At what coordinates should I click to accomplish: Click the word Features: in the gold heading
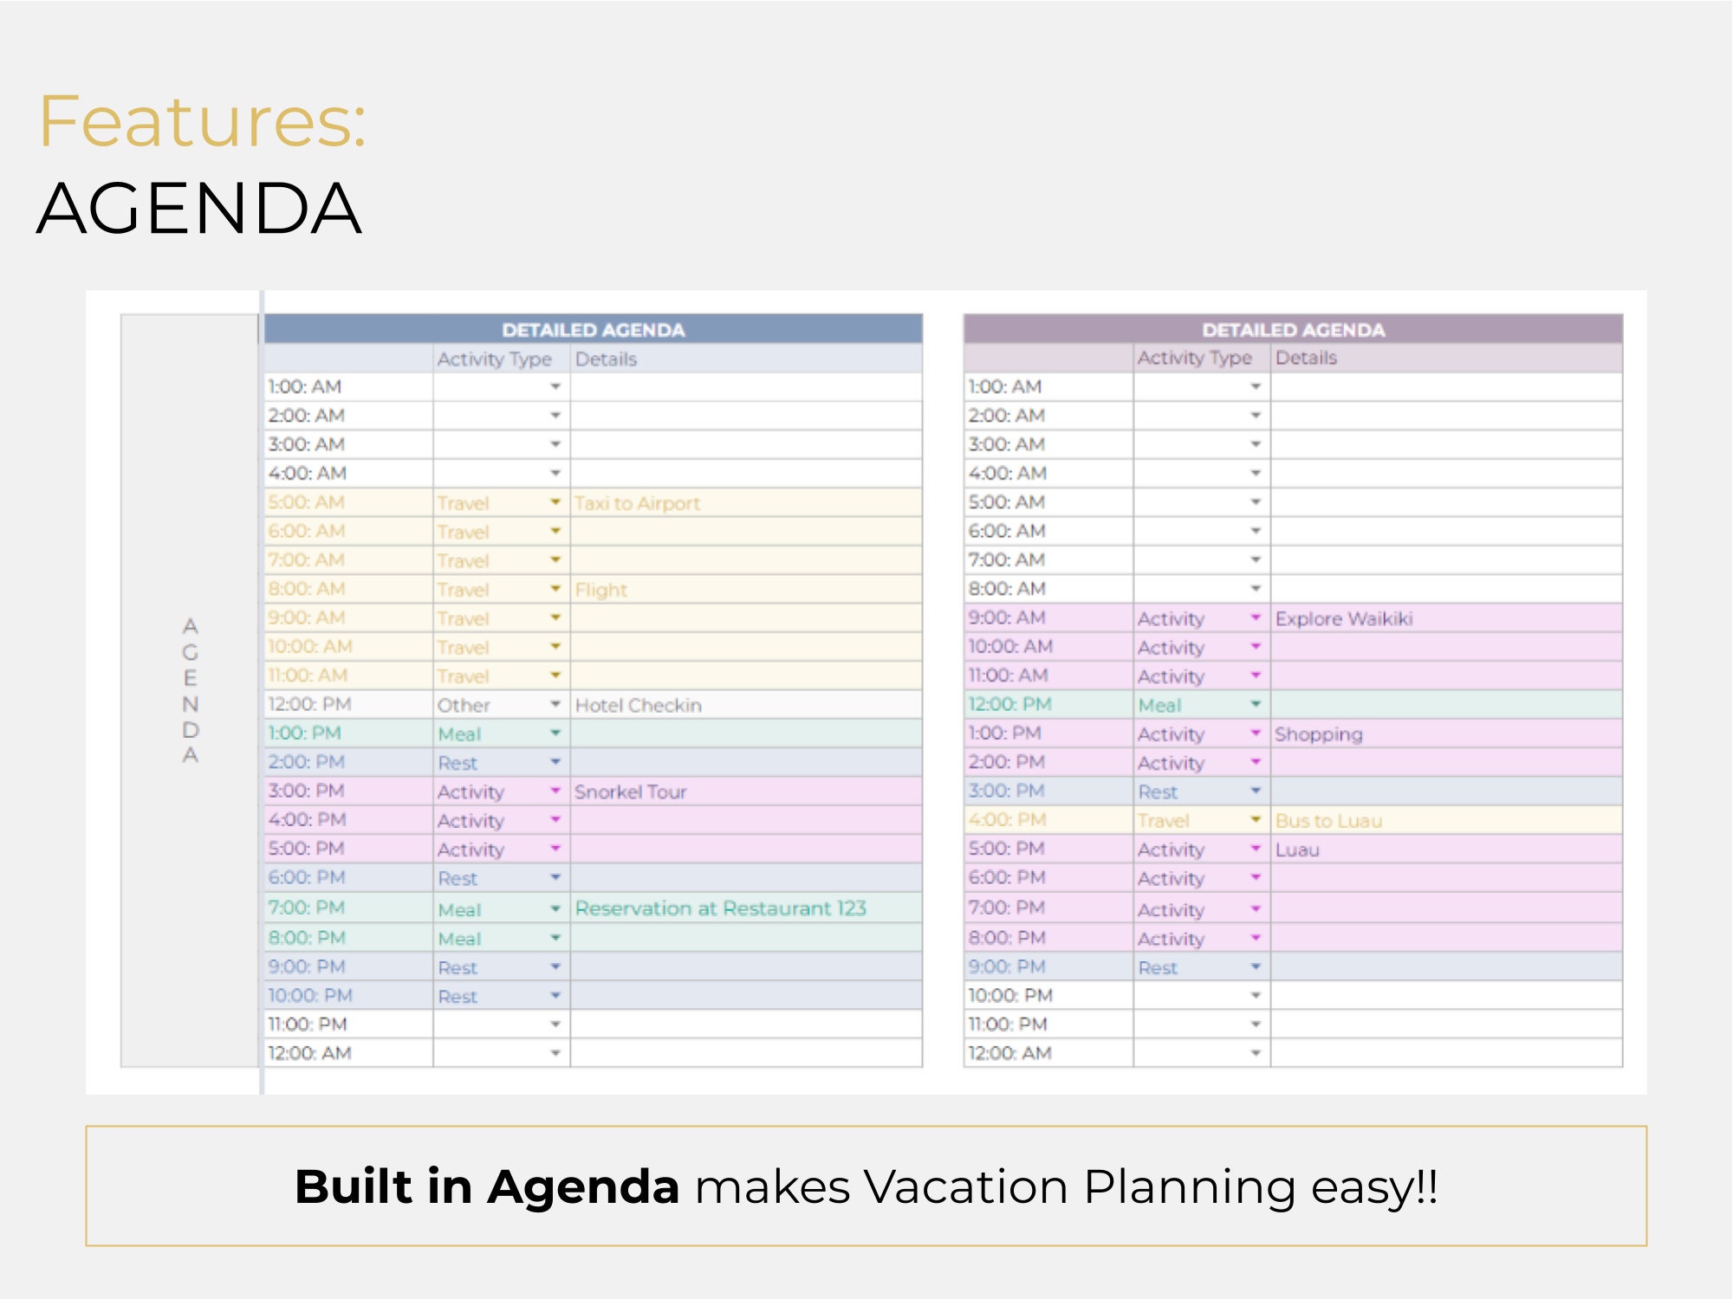point(203,121)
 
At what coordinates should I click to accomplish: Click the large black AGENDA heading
point(199,209)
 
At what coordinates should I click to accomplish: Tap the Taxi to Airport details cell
point(638,503)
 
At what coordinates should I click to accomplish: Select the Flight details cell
point(601,590)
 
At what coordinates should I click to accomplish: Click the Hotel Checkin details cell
point(639,705)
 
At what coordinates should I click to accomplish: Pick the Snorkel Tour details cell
point(631,792)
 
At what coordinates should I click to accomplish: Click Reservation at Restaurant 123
point(721,908)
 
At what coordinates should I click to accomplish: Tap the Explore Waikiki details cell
point(1344,618)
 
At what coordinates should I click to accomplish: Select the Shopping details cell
point(1319,734)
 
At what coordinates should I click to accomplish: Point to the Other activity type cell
point(464,705)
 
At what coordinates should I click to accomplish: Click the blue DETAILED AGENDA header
point(594,330)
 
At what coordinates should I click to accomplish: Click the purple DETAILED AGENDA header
point(1294,330)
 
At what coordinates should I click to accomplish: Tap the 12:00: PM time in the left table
point(309,704)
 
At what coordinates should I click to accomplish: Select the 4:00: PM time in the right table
point(1008,819)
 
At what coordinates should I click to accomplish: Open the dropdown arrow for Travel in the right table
point(1256,819)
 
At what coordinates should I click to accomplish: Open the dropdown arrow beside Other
point(555,704)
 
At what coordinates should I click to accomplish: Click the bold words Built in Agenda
point(487,1186)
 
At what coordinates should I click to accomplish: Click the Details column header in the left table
point(606,359)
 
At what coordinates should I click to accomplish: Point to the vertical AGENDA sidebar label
point(191,690)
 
